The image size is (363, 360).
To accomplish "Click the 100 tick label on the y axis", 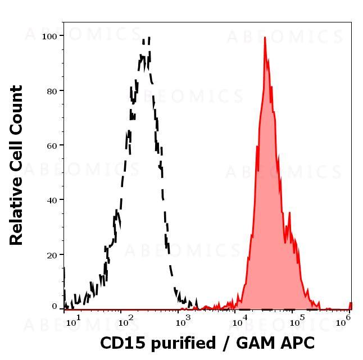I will point(51,36).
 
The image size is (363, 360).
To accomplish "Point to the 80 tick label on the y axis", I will point(53,90).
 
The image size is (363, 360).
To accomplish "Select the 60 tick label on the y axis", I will point(53,145).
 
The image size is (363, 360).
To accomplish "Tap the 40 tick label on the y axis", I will point(53,200).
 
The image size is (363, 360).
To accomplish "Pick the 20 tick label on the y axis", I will point(53,255).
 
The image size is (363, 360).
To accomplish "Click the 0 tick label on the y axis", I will point(55,307).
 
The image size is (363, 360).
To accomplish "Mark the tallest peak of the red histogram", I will point(265,38).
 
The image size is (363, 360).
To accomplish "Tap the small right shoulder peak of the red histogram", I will point(289,213).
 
